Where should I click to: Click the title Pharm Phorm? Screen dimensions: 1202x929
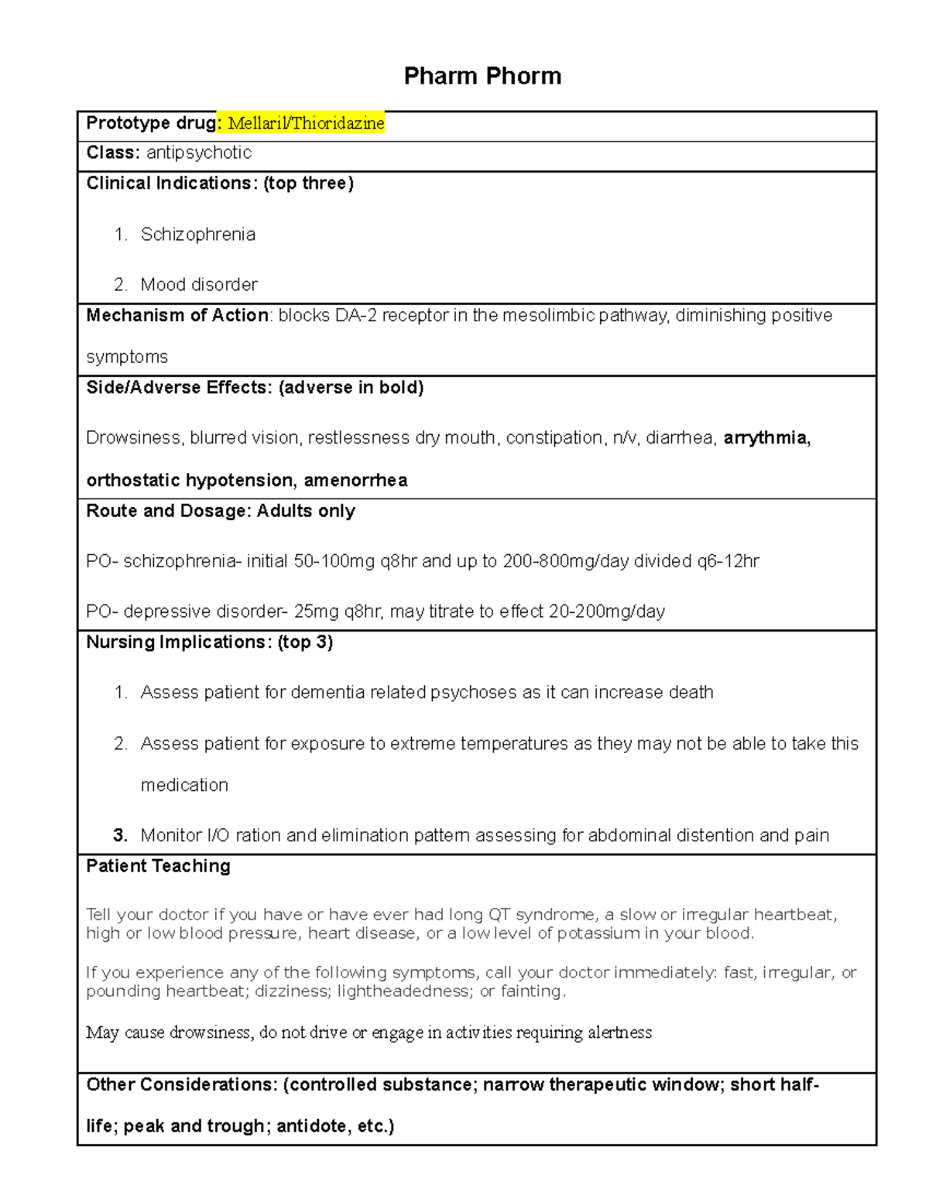click(482, 76)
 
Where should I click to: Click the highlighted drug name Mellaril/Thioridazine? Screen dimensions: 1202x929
click(306, 123)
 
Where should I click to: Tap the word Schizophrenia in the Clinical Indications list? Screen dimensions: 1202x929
click(198, 235)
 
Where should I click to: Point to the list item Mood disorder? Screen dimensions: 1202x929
click(199, 285)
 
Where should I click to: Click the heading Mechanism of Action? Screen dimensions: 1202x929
click(177, 315)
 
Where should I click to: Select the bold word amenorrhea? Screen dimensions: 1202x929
click(355, 481)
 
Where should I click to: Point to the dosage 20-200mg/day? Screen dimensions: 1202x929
click(607, 611)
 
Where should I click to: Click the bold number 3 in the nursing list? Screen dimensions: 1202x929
click(119, 835)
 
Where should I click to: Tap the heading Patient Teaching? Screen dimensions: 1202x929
click(158, 866)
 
